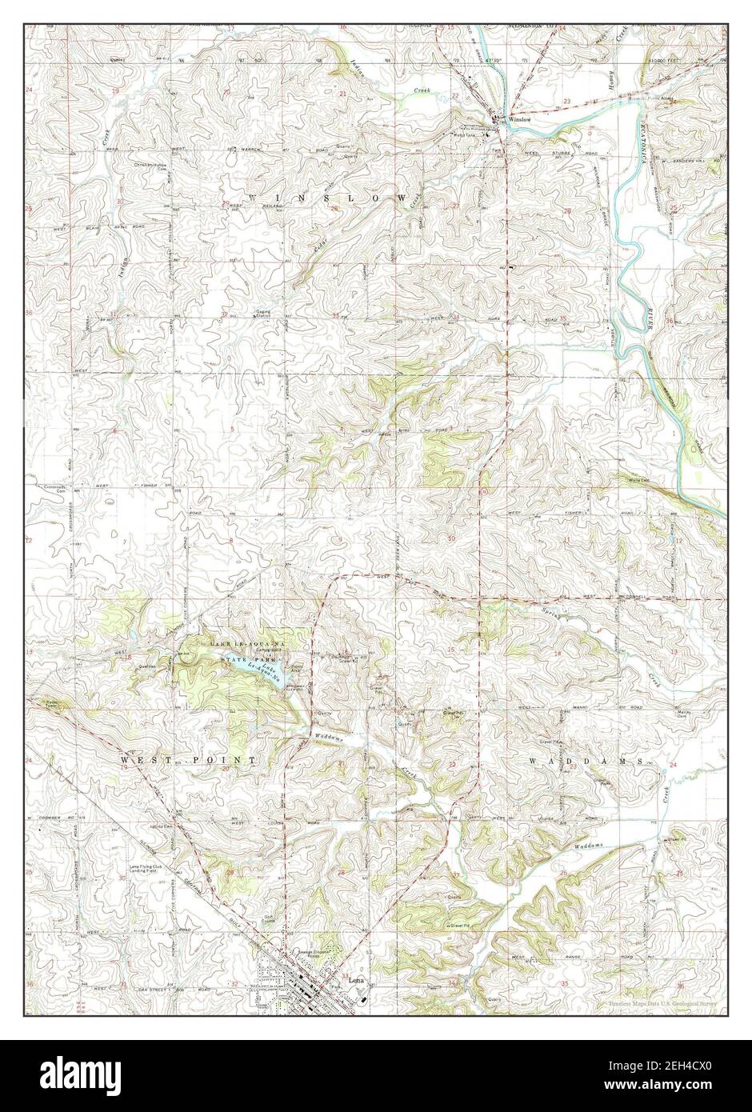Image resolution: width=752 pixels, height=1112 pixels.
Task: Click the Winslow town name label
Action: (515, 121)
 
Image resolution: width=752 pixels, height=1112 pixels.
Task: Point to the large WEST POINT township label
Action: (188, 758)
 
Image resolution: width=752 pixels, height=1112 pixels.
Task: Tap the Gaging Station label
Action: (263, 316)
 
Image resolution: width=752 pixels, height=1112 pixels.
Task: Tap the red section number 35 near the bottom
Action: (565, 983)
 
